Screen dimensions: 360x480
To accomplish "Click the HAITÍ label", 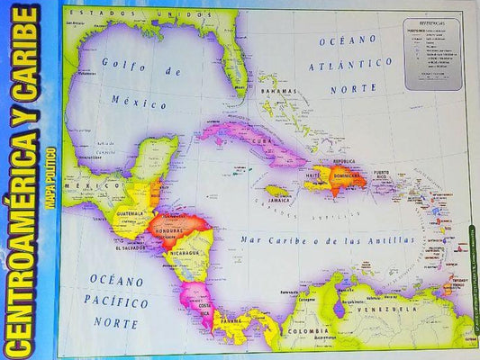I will coord(316,175).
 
